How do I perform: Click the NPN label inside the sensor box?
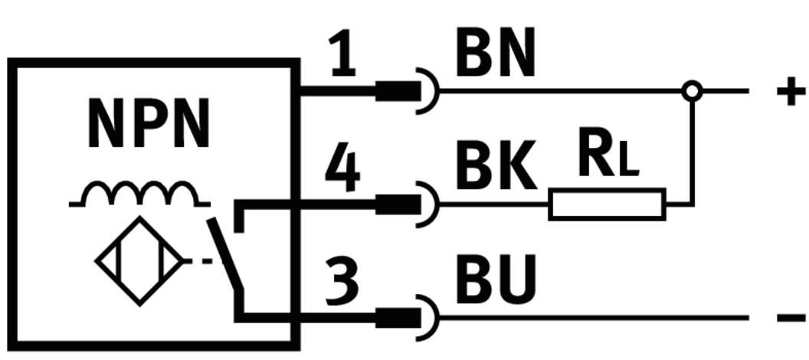coord(149,124)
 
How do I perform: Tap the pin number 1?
coord(343,55)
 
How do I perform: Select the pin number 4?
coord(342,170)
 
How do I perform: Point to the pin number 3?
coord(342,280)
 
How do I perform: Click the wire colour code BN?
coord(495,55)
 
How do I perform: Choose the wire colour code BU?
coord(495,280)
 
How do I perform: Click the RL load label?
coord(607,155)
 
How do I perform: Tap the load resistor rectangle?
coord(607,204)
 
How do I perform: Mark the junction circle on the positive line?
coord(692,91)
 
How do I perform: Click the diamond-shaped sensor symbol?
coord(139,261)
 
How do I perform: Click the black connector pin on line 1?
coord(398,91)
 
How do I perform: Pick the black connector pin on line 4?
coord(398,205)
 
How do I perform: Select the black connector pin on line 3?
coord(398,317)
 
